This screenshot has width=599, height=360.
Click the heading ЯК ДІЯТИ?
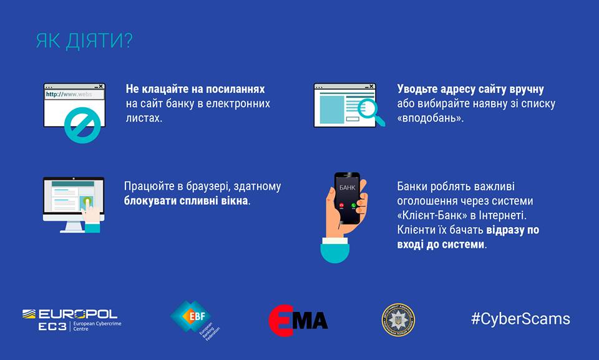84,41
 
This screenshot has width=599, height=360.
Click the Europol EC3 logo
69,319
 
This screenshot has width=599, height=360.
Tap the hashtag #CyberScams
520,319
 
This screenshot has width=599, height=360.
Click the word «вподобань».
430,118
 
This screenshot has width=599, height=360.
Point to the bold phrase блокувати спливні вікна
186,201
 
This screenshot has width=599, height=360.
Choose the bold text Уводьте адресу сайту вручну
470,89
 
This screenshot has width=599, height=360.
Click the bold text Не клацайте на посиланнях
195,89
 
